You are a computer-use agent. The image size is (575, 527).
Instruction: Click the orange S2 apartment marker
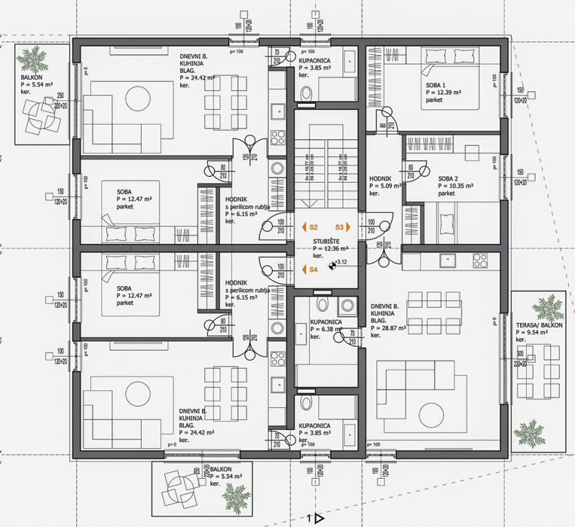[x=310, y=228]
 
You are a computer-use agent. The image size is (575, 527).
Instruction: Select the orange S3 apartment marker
[x=342, y=228]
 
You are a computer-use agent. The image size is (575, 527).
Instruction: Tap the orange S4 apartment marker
[x=310, y=269]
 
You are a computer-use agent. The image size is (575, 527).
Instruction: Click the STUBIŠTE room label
[x=326, y=241]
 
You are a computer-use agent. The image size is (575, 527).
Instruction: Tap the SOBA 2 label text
[x=449, y=179]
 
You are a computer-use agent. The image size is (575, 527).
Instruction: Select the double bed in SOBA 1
[x=449, y=79]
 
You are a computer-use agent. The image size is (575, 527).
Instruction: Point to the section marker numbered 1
[x=314, y=518]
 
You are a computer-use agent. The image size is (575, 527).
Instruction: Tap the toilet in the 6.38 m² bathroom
[x=323, y=305]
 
